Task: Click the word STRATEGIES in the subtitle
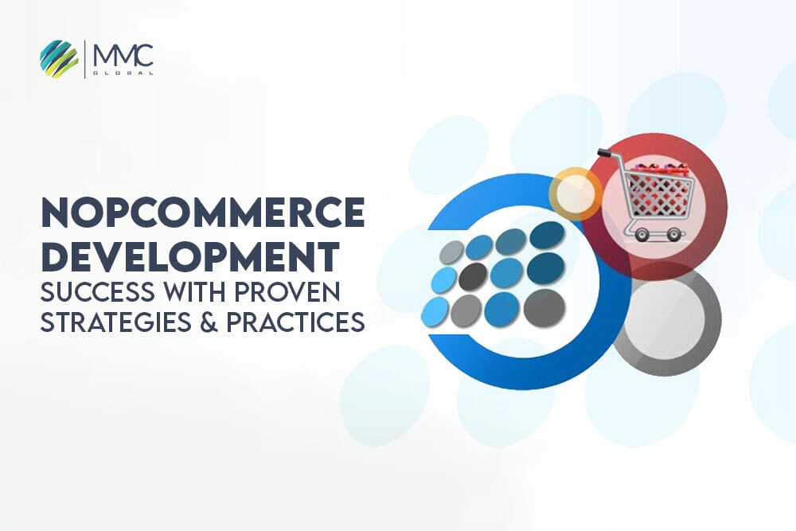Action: click(107, 323)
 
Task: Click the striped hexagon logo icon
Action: click(59, 59)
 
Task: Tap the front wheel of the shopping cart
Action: click(674, 235)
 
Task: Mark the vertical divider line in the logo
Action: click(85, 59)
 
